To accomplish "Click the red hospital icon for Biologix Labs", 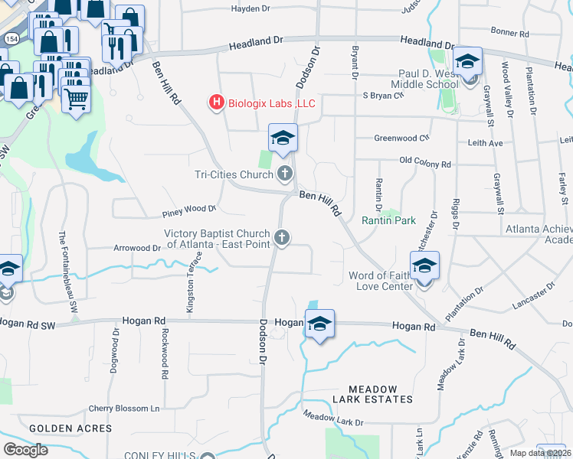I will (217, 103).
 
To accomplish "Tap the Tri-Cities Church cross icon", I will (285, 174).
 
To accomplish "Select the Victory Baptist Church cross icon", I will (282, 238).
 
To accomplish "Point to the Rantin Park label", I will (388, 220).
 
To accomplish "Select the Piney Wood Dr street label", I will (189, 208).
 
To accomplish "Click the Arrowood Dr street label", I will (137, 248).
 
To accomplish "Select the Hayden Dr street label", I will (252, 9).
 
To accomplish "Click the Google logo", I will (25, 450).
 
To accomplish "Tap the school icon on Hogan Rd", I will (319, 324).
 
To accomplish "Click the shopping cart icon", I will (75, 97).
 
